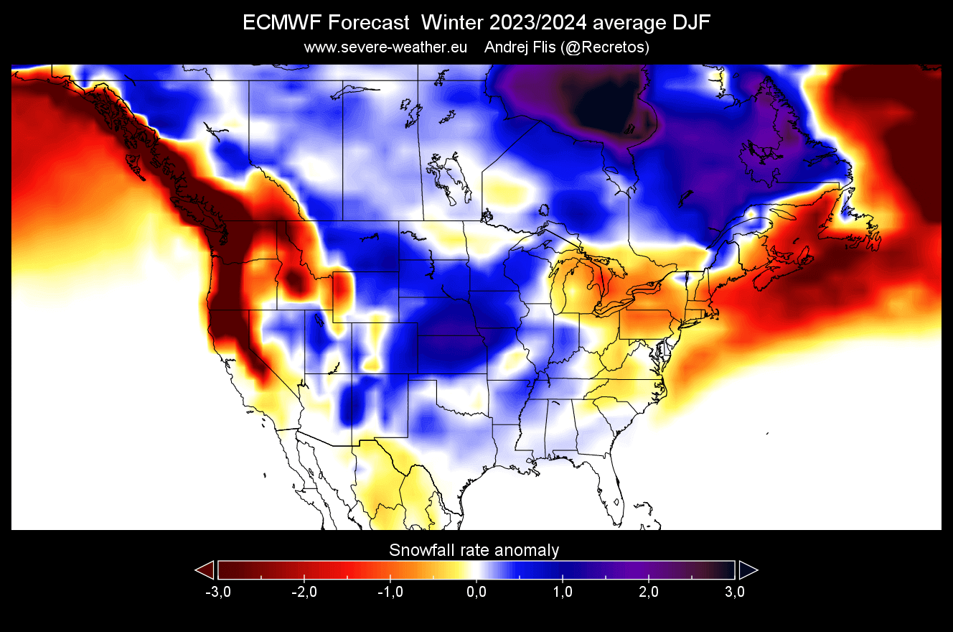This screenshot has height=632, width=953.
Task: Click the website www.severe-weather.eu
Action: pos(386,47)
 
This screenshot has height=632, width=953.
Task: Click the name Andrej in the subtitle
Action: pos(508,47)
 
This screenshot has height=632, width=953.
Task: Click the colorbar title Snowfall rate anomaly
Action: pos(474,551)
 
